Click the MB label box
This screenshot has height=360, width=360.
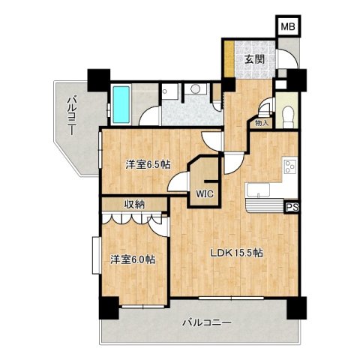point(287,27)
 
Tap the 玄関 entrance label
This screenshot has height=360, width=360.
point(251,60)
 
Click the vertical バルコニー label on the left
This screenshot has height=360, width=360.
point(72,113)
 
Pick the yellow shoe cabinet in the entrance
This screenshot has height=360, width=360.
point(224,61)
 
